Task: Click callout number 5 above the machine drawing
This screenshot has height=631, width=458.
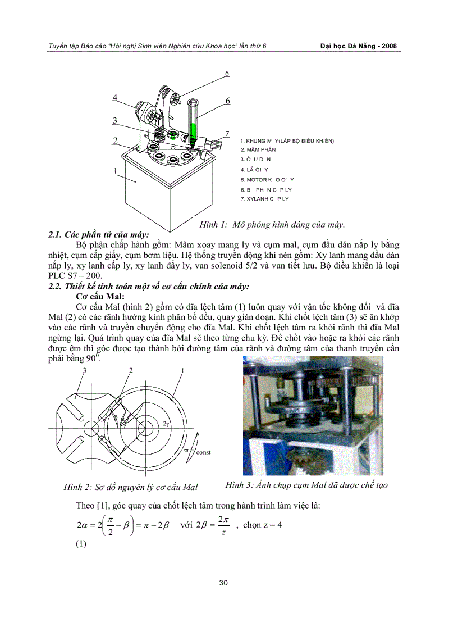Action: click(x=227, y=73)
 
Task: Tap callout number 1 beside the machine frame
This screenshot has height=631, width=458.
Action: click(x=115, y=171)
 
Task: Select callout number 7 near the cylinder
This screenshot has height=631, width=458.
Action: click(x=227, y=134)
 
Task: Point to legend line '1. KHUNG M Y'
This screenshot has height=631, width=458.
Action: click(x=287, y=140)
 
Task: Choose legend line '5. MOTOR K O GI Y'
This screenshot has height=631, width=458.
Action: click(x=267, y=179)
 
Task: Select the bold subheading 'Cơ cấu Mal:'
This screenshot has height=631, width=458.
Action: click(x=99, y=296)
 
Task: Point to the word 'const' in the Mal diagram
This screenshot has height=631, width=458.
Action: click(x=203, y=452)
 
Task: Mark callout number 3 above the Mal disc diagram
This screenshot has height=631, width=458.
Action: click(x=85, y=370)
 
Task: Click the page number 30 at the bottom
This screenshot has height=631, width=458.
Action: click(x=223, y=582)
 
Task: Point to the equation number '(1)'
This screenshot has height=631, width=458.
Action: click(x=82, y=544)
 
